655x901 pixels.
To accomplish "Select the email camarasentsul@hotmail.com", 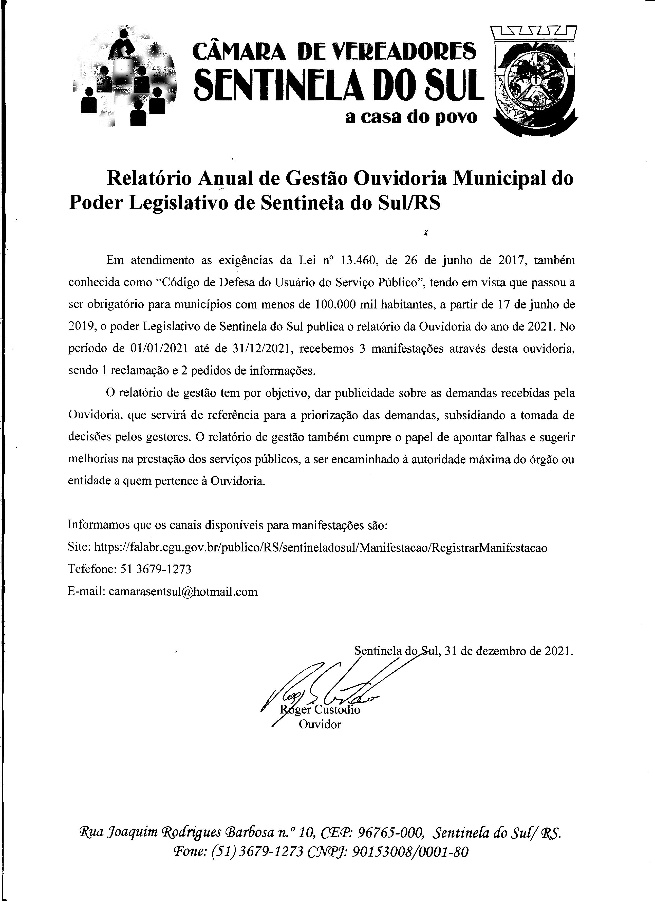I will pyautogui.click(x=183, y=592).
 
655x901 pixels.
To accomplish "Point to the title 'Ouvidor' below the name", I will pyautogui.click(x=320, y=725).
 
